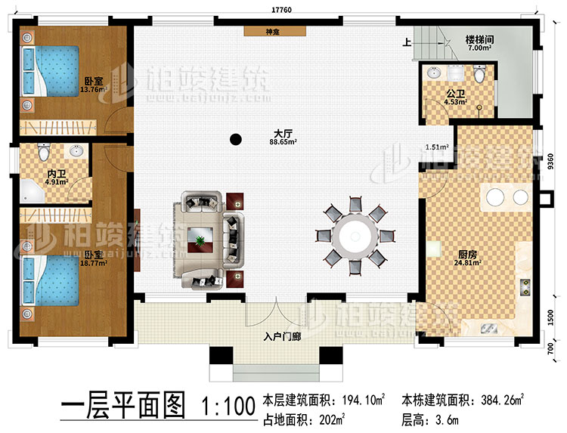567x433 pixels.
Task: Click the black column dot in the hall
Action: [237, 138]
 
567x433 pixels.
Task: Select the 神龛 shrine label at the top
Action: [274, 32]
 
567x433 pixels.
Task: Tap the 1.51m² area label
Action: [437, 147]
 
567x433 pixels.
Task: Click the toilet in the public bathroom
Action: [480, 74]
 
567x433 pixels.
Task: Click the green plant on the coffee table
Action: [200, 241]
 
